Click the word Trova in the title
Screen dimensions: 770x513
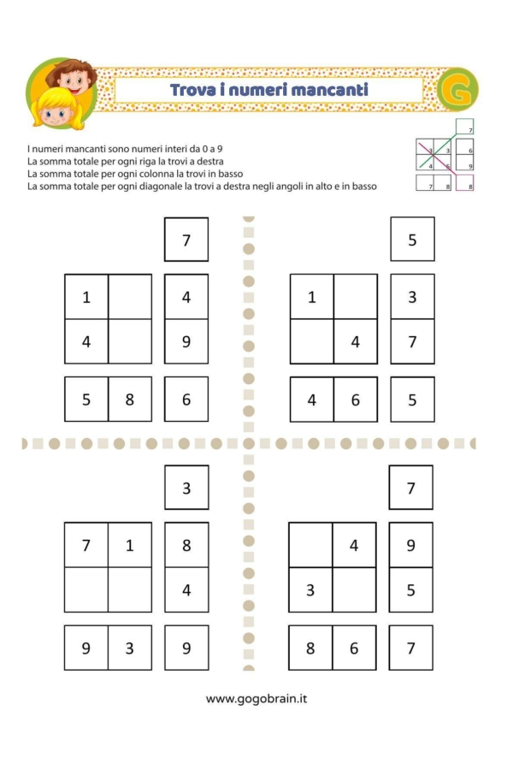(x=192, y=90)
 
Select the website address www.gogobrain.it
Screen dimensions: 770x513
(x=256, y=699)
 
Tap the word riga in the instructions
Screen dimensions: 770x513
(x=127, y=161)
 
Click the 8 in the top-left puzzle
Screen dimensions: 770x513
(x=130, y=400)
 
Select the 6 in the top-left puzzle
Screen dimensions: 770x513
(x=186, y=400)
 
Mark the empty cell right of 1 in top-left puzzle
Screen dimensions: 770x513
(x=130, y=296)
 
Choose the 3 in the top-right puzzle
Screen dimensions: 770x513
(x=412, y=296)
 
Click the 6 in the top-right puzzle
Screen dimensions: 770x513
(x=355, y=400)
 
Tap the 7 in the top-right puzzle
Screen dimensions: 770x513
(x=412, y=341)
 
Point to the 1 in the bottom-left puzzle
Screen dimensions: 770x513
(x=130, y=544)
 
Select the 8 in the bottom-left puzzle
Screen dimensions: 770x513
(x=186, y=544)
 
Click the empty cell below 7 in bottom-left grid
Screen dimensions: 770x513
(x=85, y=589)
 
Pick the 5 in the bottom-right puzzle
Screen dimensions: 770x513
(x=410, y=589)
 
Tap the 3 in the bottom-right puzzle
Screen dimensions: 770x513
(x=311, y=589)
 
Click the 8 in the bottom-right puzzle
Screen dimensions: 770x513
(x=311, y=648)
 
